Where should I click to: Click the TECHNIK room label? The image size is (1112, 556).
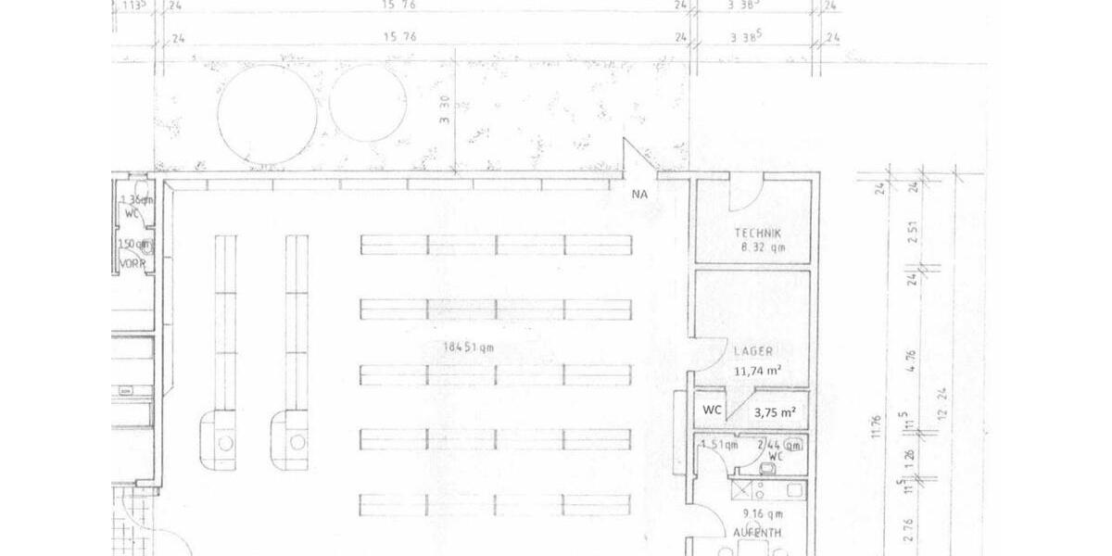tap(757, 234)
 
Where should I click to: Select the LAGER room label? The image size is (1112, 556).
tap(753, 351)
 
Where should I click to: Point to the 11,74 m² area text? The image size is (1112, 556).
tap(757, 371)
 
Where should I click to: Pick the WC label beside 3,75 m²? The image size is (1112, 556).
tap(712, 410)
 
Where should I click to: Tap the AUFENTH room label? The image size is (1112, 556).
tap(756, 533)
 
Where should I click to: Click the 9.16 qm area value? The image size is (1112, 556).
tap(757, 512)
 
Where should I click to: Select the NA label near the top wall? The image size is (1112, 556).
tap(639, 195)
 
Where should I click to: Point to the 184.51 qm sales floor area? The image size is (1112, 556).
tap(469, 347)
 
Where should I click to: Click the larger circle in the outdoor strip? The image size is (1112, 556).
tap(267, 115)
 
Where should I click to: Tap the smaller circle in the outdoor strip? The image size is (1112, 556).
tap(367, 104)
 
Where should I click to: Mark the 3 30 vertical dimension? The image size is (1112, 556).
tap(445, 113)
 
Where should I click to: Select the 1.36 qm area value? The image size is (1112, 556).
tap(135, 199)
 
